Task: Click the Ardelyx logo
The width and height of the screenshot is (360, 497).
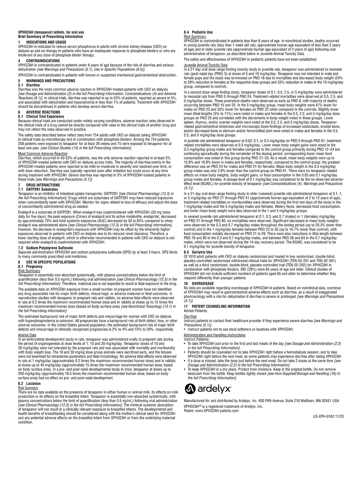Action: click(x=208, y=389)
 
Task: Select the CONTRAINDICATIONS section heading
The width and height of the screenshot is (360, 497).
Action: click(x=43, y=61)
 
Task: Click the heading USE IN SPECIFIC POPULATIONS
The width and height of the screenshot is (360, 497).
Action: click(x=51, y=262)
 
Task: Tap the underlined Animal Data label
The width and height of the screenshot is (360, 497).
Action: click(x=27, y=335)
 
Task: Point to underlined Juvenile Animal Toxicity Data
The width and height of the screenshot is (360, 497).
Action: click(x=205, y=65)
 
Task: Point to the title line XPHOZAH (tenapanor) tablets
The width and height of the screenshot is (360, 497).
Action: click(x=51, y=32)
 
